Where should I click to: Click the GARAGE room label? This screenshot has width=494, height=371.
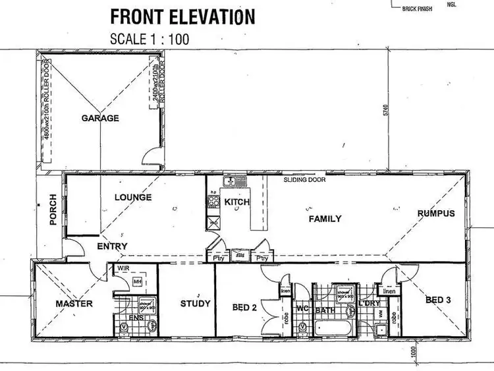tap(100, 119)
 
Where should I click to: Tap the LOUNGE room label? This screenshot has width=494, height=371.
tap(133, 197)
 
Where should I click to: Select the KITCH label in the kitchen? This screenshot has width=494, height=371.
tap(237, 202)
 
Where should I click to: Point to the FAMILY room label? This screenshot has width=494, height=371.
tap(325, 219)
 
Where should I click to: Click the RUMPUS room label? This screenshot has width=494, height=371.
tap(436, 213)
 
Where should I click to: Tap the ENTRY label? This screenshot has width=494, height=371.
tap(112, 246)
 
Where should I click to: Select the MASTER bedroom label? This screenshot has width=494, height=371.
tap(74, 304)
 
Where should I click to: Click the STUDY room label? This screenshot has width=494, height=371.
tap(196, 304)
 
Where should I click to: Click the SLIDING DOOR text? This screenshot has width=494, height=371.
tap(304, 179)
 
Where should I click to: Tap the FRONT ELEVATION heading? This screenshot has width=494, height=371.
tap(182, 16)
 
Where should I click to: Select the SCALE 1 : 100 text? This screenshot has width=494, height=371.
tap(150, 38)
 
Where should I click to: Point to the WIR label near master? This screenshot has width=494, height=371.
tap(123, 270)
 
